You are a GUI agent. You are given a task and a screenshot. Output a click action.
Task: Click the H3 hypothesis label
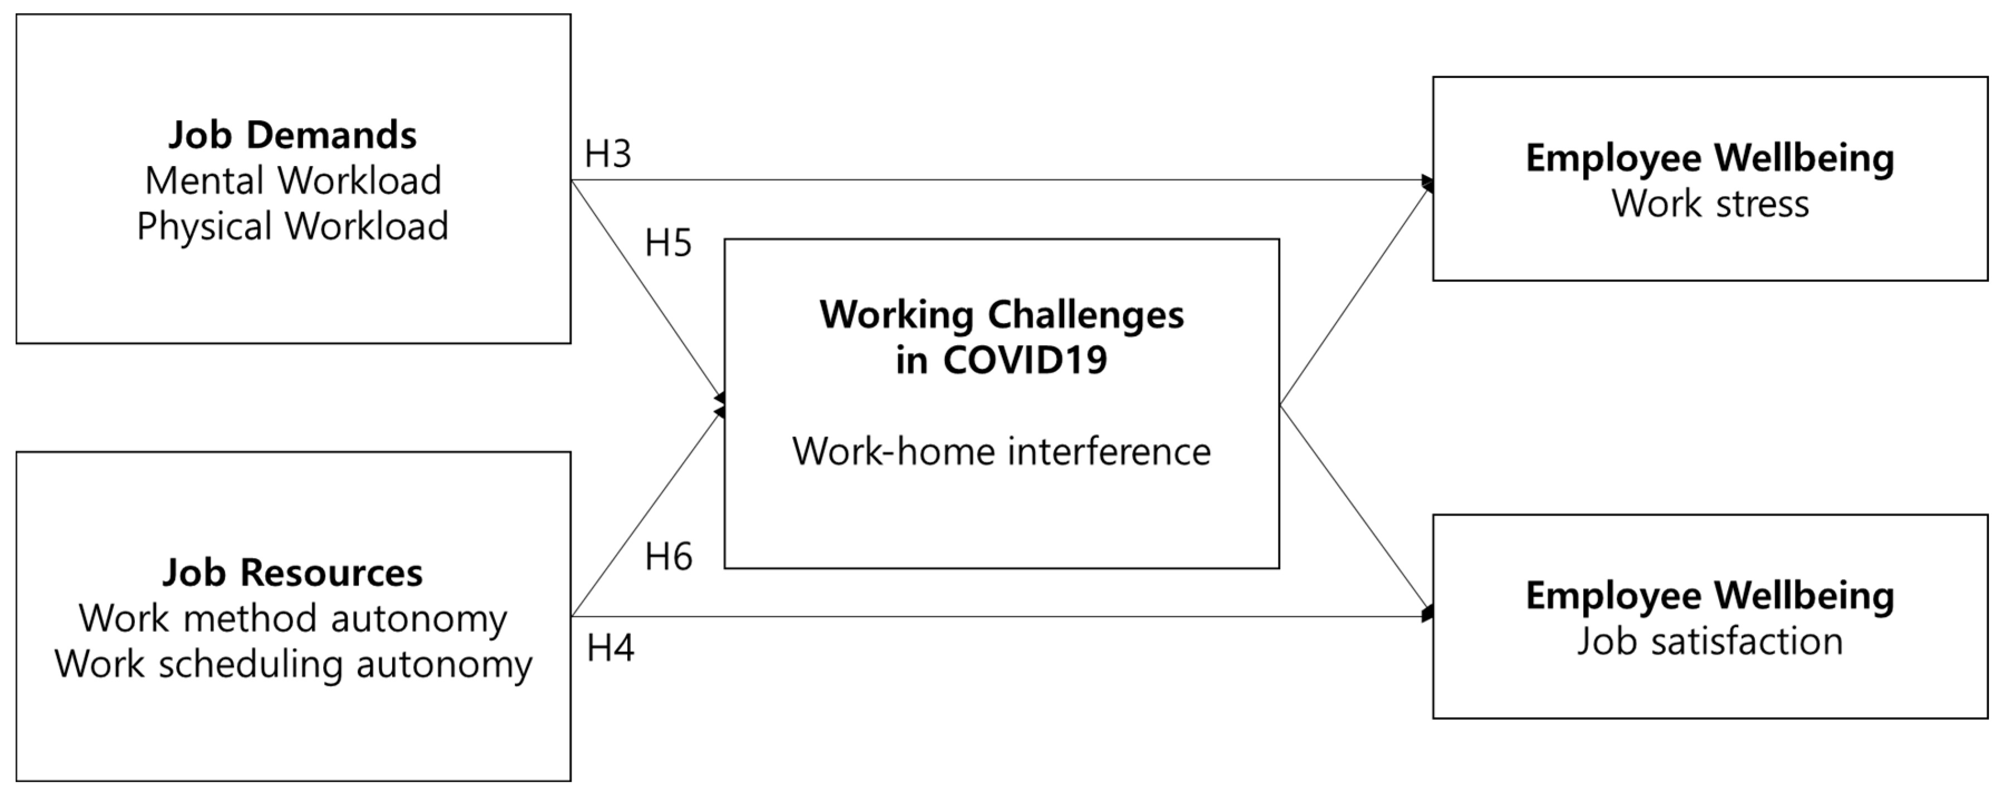(x=608, y=154)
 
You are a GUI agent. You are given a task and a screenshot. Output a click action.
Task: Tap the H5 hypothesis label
(x=668, y=244)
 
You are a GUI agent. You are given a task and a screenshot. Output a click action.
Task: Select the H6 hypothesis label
(x=668, y=557)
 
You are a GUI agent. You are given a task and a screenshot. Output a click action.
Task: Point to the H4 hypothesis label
(x=610, y=648)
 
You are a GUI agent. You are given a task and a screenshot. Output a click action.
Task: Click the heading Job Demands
(x=292, y=135)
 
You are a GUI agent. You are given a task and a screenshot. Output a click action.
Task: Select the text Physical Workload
(x=292, y=227)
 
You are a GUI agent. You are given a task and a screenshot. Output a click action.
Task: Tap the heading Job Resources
(x=292, y=573)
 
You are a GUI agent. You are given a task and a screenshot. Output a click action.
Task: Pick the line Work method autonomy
(x=292, y=619)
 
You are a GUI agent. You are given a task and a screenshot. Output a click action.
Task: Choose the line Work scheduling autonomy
(x=292, y=664)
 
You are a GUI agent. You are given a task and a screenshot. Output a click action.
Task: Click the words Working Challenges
(x=1002, y=315)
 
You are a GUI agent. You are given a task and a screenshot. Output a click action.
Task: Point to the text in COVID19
(x=1002, y=360)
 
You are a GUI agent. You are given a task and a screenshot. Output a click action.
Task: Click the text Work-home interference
(x=1002, y=452)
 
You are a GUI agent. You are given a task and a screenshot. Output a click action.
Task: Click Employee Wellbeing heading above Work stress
(x=1710, y=158)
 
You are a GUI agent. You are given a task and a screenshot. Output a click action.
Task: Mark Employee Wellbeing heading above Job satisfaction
(x=1710, y=596)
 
